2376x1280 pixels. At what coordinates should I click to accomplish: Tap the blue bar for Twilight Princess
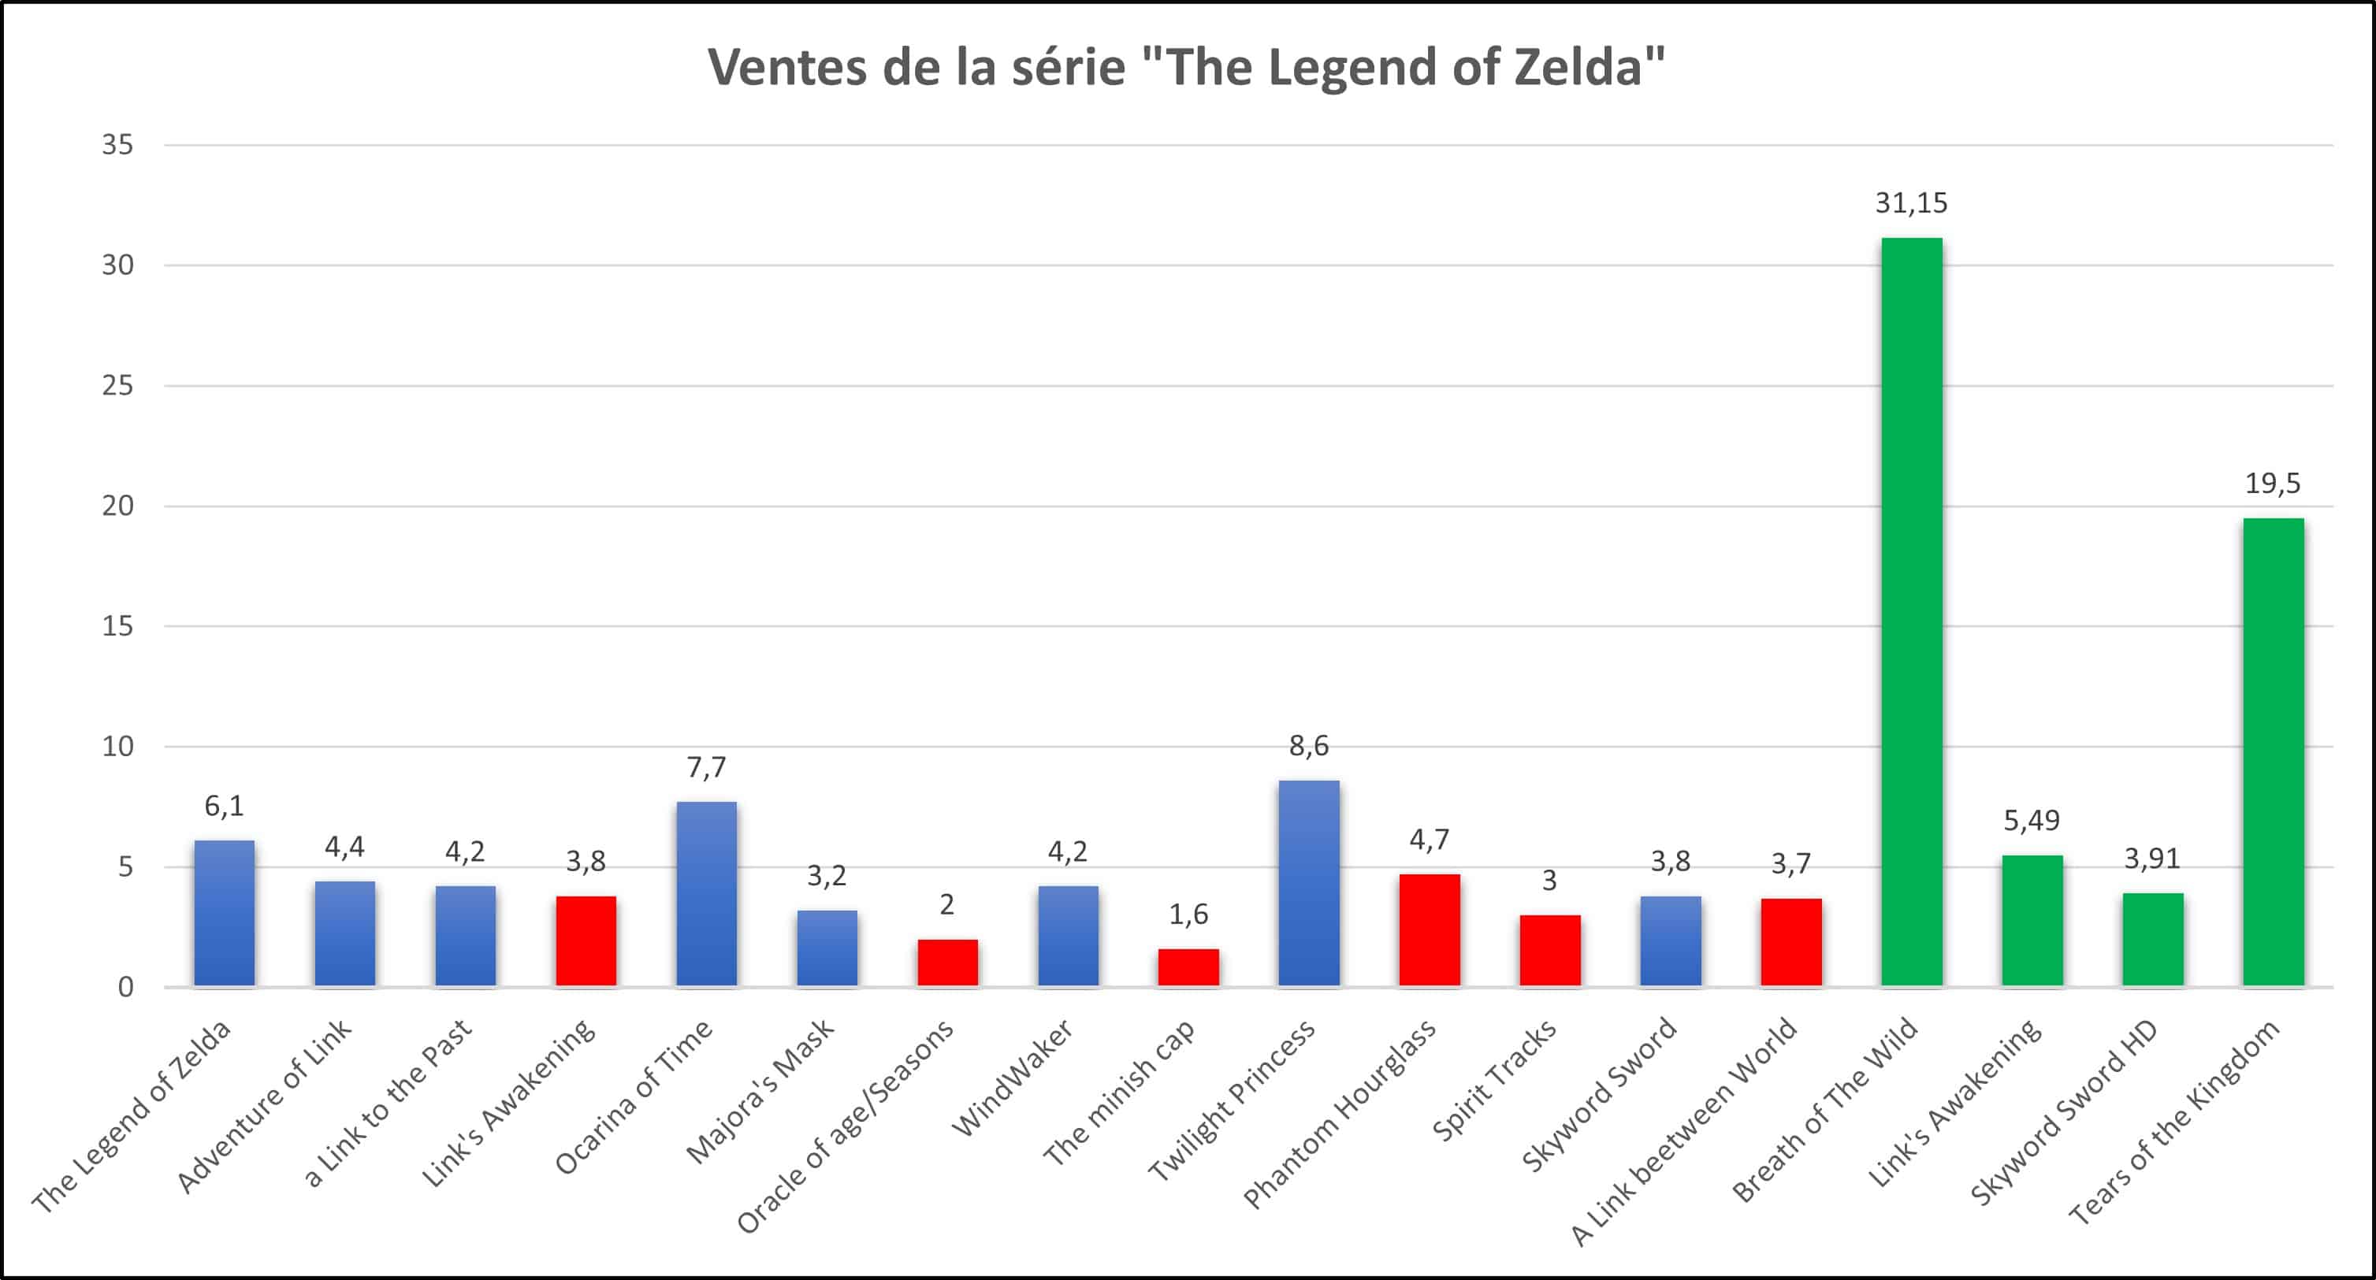[x=1309, y=884]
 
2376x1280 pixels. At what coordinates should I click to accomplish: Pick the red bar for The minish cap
[x=1188, y=967]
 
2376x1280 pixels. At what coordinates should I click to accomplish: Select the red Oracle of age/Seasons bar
[x=947, y=963]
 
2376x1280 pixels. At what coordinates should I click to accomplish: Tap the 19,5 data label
[x=2273, y=483]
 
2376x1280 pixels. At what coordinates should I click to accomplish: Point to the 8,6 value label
[x=1309, y=745]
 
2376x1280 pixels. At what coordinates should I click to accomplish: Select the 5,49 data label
[x=2032, y=820]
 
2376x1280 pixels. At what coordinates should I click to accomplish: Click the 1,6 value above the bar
[x=1188, y=914]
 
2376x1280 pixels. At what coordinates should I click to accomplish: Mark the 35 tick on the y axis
[x=117, y=145]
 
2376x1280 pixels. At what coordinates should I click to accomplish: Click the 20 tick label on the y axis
[x=117, y=506]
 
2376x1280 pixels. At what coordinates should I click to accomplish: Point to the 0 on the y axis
[x=125, y=987]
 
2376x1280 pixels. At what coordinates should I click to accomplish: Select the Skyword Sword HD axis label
[x=2064, y=1112]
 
